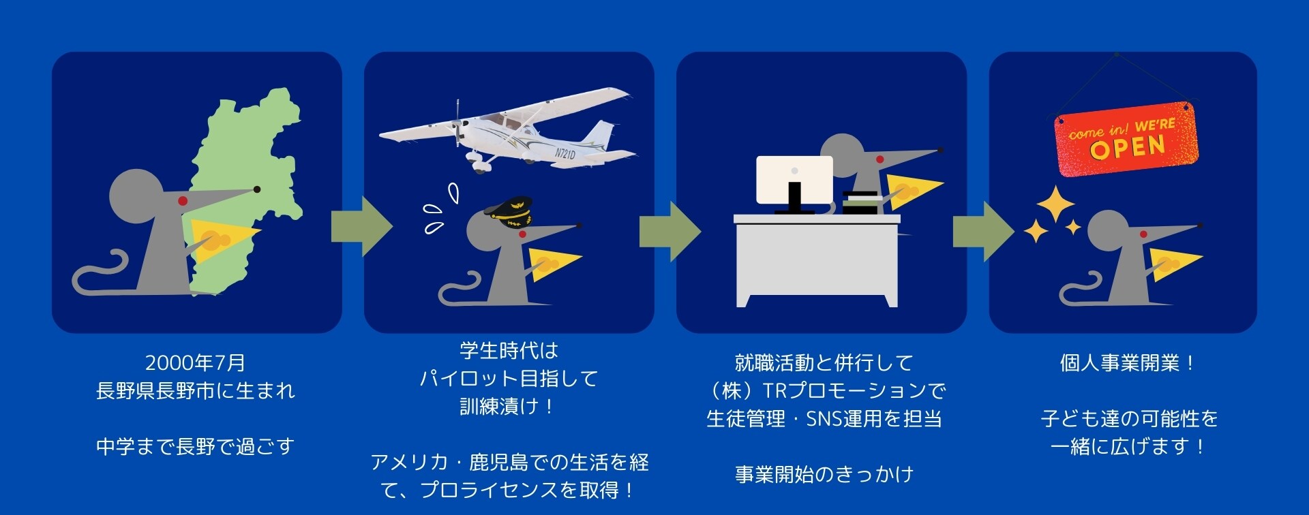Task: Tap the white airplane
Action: (518, 129)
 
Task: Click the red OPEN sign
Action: (1126, 139)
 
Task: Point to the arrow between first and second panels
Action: (361, 226)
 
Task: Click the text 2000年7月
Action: (195, 363)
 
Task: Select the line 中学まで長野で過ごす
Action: (195, 447)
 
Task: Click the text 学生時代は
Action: (509, 351)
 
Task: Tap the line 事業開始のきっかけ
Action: (824, 475)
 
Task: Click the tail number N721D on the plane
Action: (565, 154)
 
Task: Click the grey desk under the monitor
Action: (817, 259)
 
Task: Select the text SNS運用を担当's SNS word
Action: (824, 419)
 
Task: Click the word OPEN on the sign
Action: (1128, 146)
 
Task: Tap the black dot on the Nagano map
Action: (257, 189)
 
